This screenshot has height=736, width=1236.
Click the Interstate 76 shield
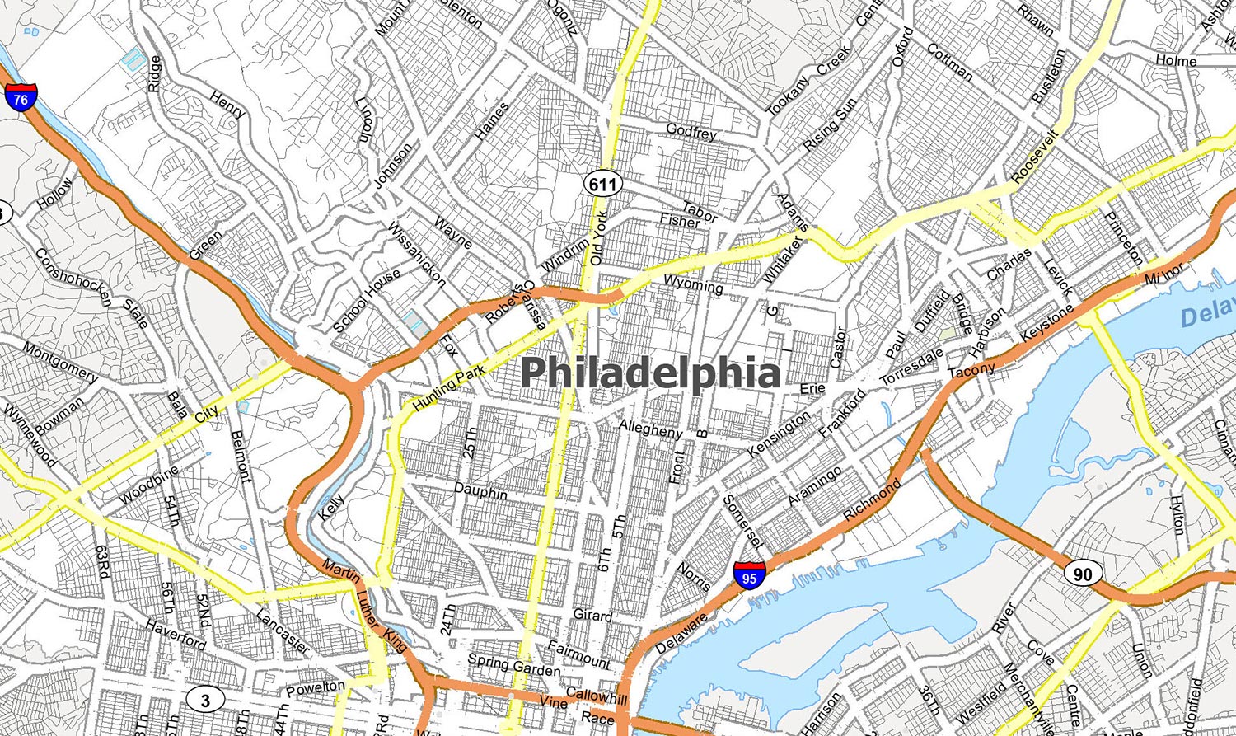(21, 96)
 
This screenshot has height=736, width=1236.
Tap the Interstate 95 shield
(748, 574)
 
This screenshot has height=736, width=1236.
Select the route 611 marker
(603, 184)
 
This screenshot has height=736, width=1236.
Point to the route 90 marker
(1082, 573)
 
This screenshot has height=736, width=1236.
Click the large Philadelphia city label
(651, 373)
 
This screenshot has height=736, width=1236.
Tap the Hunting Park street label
(450, 388)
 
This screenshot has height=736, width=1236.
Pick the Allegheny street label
(650, 429)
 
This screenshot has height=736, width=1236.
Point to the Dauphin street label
(480, 491)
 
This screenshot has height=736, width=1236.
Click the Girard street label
(592, 615)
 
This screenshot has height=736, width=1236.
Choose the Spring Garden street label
(513, 664)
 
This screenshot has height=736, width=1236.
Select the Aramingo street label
(814, 486)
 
